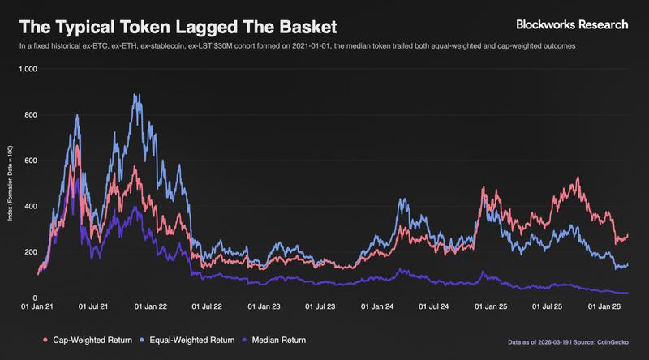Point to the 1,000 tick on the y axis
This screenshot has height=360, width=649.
[27, 70]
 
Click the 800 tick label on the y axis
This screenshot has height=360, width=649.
[30, 115]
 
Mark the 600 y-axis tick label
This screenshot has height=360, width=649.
[30, 161]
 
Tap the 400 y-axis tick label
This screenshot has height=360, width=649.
[30, 207]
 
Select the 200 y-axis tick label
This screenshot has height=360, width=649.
[30, 252]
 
